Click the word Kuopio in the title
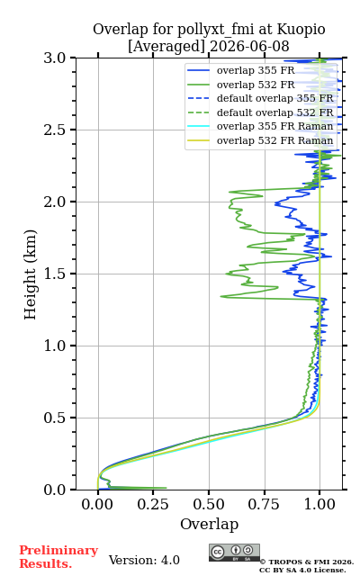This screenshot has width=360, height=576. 301,30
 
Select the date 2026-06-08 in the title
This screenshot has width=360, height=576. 249,46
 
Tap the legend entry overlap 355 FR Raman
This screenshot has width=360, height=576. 274,126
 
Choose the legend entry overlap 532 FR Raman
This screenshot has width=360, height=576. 274,140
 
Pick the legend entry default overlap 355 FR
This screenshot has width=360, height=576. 274,98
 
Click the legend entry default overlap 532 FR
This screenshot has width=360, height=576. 274,112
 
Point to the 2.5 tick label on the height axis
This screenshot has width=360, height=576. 55,130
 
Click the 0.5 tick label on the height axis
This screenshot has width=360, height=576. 55,418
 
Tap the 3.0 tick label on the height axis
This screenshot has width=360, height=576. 55,58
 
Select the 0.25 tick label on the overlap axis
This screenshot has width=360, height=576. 153,504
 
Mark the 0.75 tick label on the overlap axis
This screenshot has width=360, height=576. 264,504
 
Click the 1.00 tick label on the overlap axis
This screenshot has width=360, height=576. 319,504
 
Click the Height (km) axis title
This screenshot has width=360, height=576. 31,274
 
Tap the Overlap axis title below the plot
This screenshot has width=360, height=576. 209,524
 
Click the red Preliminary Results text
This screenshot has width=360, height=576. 58,557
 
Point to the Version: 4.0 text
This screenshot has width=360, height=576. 144,560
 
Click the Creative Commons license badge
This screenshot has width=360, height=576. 234,553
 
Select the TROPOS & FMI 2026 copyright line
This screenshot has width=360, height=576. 306,562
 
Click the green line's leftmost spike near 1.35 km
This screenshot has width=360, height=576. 221,296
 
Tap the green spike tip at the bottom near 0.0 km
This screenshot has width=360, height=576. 166,488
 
